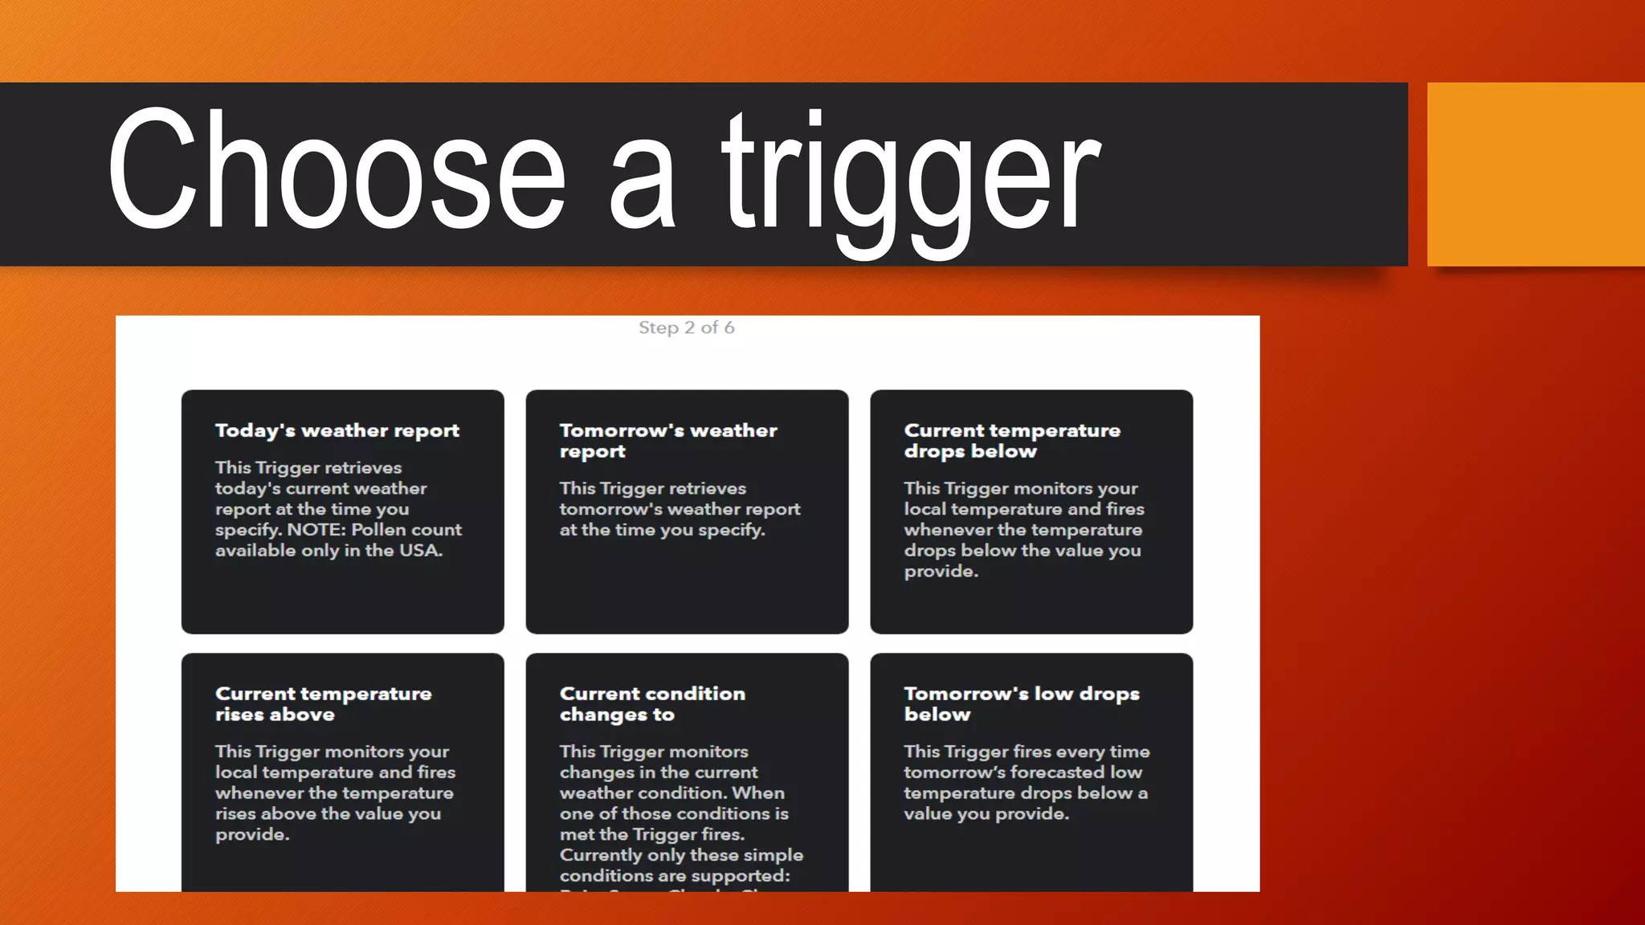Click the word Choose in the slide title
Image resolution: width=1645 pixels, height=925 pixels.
click(x=337, y=170)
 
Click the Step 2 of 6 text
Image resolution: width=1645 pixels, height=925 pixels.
click(x=686, y=328)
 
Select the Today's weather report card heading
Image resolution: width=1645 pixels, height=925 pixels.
click(x=337, y=431)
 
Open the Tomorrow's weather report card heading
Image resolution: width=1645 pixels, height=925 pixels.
click(x=668, y=441)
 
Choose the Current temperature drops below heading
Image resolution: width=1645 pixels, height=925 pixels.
click(x=1012, y=441)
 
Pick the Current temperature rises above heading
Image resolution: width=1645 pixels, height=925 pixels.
click(x=323, y=704)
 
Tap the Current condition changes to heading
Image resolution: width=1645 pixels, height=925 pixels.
click(x=652, y=704)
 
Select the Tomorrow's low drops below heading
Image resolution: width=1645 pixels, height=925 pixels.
click(x=1022, y=704)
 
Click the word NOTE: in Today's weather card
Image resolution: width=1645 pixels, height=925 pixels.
click(x=316, y=530)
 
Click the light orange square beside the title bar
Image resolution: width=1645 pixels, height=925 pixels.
click(x=1536, y=174)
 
